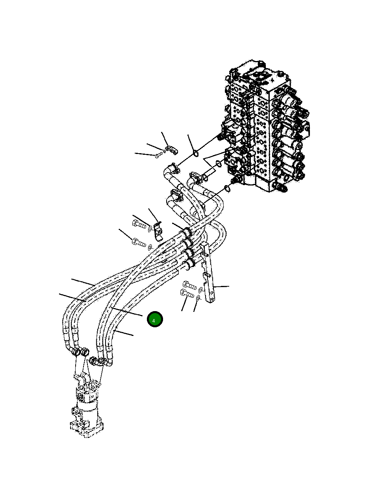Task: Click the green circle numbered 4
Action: tap(155, 319)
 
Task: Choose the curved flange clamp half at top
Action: tap(171, 150)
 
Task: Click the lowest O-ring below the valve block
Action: tap(227, 189)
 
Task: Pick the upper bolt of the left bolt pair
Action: tap(140, 225)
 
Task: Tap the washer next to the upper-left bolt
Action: tap(150, 228)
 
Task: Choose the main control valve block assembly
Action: tap(264, 126)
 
